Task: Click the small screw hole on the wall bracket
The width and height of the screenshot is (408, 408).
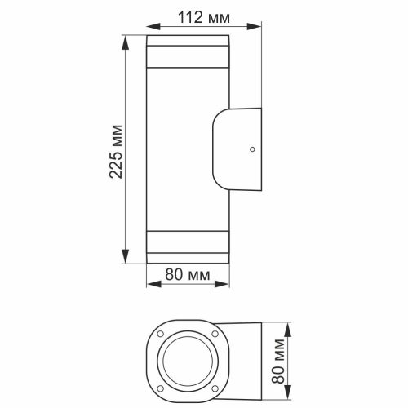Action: [x=253, y=149]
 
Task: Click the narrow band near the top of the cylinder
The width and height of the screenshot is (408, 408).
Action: [x=188, y=60]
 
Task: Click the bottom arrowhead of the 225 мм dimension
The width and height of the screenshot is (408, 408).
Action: [x=126, y=263]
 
